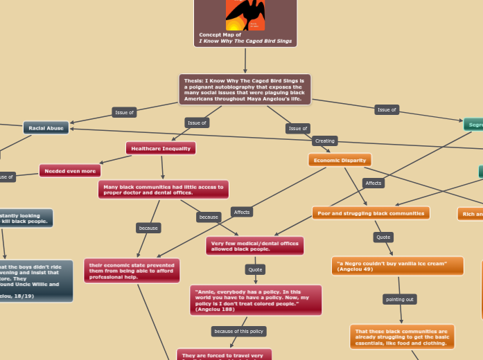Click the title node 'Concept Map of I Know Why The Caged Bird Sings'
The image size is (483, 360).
(245, 38)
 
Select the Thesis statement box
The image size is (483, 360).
(245, 90)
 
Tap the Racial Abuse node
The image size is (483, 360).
(46, 128)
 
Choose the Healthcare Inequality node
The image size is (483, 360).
(161, 148)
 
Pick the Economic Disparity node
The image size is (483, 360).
(340, 160)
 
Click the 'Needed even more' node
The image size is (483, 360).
(69, 170)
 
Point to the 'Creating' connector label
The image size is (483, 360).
(324, 141)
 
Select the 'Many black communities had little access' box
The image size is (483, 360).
(164, 190)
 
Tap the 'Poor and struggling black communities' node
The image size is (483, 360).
(370, 213)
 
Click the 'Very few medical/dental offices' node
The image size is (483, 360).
(255, 246)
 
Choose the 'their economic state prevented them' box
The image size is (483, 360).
(132, 271)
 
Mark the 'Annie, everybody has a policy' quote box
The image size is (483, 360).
(255, 300)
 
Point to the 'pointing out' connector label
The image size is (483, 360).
(399, 299)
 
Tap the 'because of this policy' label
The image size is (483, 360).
(238, 332)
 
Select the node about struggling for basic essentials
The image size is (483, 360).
(402, 336)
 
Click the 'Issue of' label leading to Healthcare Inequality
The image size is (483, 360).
(197, 123)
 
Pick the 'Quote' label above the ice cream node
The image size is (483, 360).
(383, 237)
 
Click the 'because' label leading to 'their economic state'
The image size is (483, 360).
(148, 228)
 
